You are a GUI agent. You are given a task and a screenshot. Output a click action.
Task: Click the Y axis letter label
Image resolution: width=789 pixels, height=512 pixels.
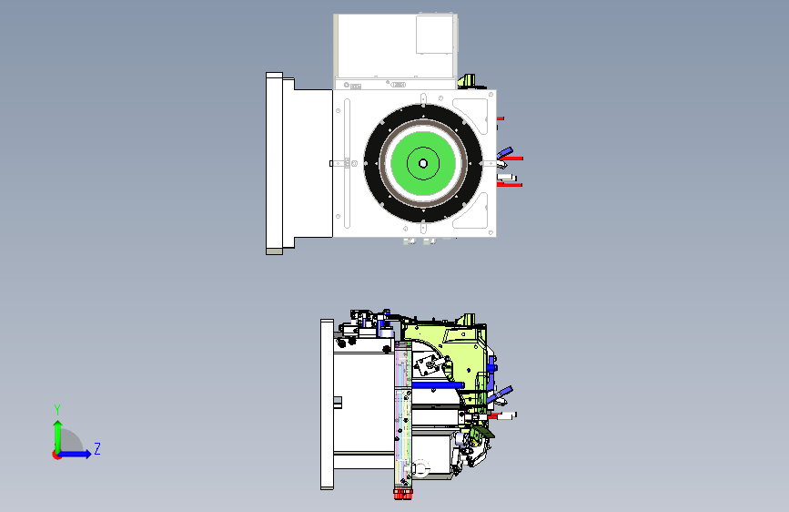57,410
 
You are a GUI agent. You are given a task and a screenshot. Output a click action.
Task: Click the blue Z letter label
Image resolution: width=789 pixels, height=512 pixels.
97,448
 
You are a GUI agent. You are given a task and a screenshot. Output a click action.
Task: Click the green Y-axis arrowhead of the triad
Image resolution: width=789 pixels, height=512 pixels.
58,425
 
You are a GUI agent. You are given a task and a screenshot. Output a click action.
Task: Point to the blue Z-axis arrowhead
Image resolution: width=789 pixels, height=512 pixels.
87,454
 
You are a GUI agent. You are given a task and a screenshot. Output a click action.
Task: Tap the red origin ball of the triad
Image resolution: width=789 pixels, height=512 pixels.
56,455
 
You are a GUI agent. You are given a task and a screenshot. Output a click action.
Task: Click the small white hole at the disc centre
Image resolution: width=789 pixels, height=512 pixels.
423,163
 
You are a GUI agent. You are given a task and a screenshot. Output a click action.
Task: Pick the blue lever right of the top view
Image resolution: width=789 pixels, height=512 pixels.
505,153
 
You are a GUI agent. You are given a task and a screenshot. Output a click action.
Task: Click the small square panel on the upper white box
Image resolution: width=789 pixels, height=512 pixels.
435,35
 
